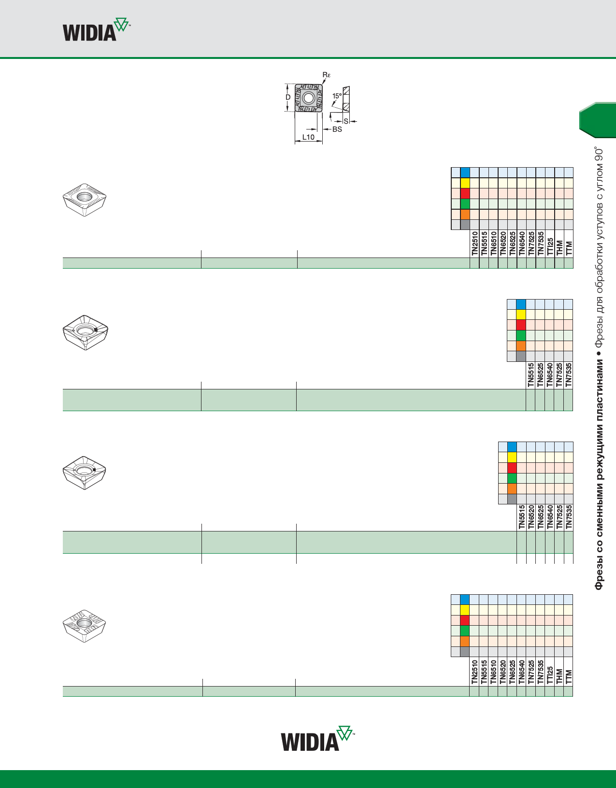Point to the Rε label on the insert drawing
coord(327,75)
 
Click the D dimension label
coord(288,97)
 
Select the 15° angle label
coord(337,96)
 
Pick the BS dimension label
coord(337,129)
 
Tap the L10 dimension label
coord(308,137)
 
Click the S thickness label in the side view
coord(346,121)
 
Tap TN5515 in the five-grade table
coord(531,375)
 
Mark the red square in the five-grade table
coord(521,325)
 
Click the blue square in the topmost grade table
coord(465,172)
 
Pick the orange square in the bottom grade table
coord(465,641)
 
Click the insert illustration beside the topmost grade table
coord(85,199)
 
